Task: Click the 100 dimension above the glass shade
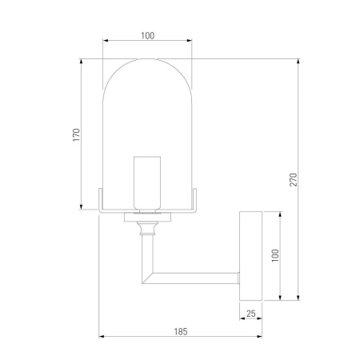coord(147,35)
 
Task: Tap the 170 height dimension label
coord(75,134)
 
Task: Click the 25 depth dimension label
coord(251,314)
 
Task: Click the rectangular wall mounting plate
coord(251,256)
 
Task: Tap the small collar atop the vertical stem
coord(146,229)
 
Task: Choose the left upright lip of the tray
coord(99,199)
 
